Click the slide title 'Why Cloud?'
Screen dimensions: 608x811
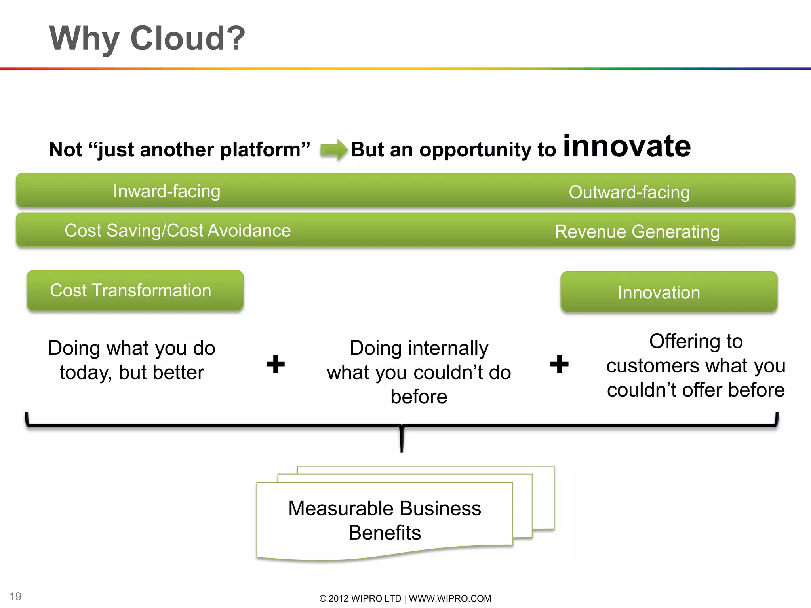[x=147, y=38]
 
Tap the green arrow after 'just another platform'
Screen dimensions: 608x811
[x=334, y=150]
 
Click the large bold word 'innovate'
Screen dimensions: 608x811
[x=627, y=146]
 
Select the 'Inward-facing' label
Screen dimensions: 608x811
[x=166, y=191]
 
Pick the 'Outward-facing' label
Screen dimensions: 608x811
[x=629, y=192]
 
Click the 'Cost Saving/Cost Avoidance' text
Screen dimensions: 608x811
[x=178, y=230]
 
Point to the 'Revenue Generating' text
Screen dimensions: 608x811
[x=637, y=232]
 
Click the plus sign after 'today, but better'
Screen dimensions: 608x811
[x=276, y=364]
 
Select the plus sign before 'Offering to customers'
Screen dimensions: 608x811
[x=559, y=364]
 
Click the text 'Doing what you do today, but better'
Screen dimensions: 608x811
[x=132, y=360]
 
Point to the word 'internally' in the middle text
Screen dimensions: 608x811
[x=448, y=348]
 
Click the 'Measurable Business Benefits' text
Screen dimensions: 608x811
[x=385, y=520]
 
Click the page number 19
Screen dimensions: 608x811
[x=15, y=596]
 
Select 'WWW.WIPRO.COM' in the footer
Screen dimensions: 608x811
[x=450, y=598]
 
